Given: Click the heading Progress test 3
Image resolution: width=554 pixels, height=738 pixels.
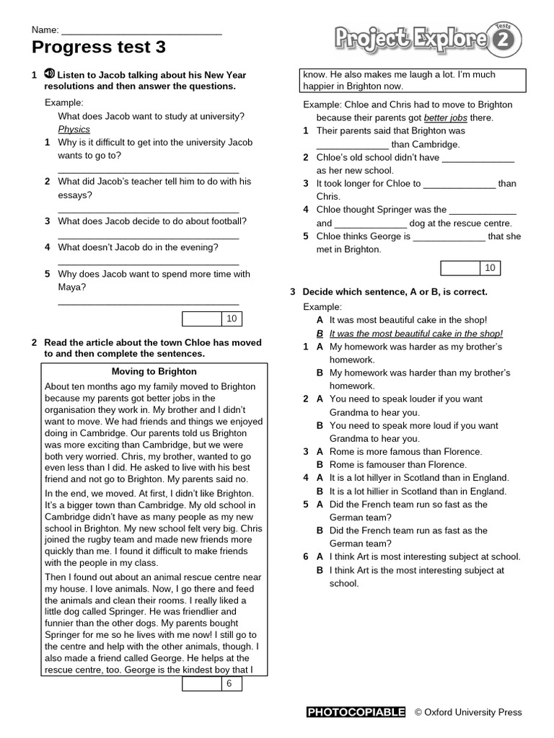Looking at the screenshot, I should [99, 48].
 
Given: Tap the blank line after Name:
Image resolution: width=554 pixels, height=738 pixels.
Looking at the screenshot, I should [141, 31].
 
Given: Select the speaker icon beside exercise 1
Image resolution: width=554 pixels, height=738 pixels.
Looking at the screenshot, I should [49, 74].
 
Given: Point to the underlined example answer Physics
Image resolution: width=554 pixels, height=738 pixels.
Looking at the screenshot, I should [74, 129].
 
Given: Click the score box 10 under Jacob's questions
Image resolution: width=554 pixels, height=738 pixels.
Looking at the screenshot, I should [211, 319].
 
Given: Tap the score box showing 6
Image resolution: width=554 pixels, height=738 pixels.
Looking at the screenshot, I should [211, 683].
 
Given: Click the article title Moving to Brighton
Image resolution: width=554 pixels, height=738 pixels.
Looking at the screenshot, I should [154, 371].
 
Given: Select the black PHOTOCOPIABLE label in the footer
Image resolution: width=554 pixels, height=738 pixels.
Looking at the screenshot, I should [356, 712].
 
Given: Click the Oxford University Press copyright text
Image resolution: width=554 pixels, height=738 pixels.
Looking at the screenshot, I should [467, 712].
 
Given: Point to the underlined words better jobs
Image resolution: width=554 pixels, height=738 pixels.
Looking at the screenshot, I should [445, 117].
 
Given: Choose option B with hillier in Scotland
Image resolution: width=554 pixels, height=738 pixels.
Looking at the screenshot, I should [418, 492].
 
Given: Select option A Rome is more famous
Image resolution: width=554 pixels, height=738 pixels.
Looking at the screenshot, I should [405, 452].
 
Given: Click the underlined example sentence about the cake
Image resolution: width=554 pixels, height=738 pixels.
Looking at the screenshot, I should [415, 334].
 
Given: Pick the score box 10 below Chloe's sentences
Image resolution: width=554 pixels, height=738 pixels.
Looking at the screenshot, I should [470, 268].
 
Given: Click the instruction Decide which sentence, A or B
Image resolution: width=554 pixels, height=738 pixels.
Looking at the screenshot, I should [395, 292].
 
